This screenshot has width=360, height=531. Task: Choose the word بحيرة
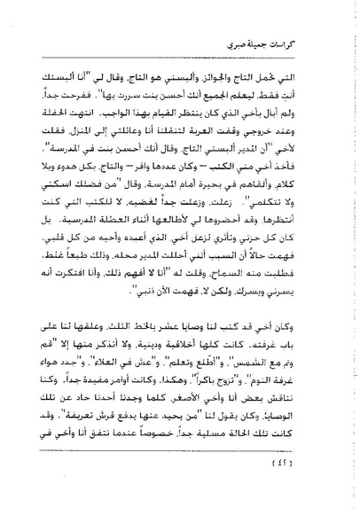216,184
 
